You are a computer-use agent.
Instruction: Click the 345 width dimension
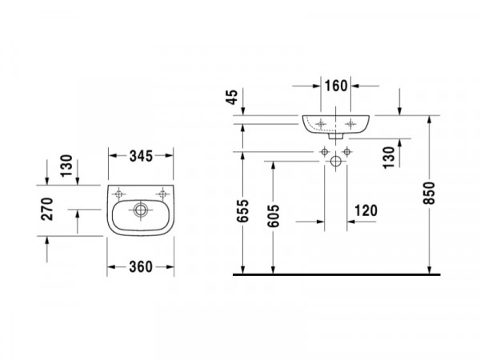pos(141,156)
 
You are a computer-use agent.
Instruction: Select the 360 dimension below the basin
pos(141,267)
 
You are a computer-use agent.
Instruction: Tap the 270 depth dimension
pos(47,209)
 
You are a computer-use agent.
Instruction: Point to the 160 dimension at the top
pos(336,86)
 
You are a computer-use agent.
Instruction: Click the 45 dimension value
pos(232,97)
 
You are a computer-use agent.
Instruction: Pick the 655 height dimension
pos(243,211)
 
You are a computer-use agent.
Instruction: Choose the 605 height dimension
pos(274,216)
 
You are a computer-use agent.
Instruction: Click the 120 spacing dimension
pos(366,210)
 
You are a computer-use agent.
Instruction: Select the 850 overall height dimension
pos(429,193)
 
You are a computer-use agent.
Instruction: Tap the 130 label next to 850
pos(389,158)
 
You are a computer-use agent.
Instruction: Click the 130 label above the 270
pos(66,166)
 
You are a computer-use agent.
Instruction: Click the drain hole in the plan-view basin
pos(141,210)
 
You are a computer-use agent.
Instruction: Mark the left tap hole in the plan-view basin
pos(118,194)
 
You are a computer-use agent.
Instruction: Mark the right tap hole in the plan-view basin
pos(162,194)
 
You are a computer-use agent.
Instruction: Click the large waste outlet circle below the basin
pos(336,161)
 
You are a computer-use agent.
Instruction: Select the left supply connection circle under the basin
pos(325,151)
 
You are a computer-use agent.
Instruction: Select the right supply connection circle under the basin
pos(347,151)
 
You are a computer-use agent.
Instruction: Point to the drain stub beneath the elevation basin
pos(336,136)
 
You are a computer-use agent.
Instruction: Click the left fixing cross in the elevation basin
pos(321,124)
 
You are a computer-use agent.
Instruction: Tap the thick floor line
pos(337,274)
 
